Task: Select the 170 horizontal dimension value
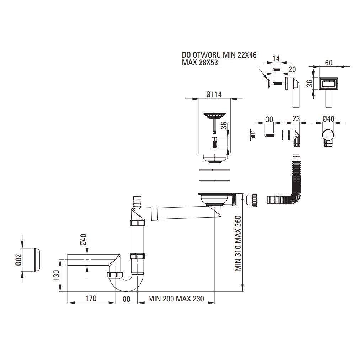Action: [x=91, y=299]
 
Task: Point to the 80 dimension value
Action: [x=126, y=299]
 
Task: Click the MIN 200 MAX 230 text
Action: [x=176, y=299]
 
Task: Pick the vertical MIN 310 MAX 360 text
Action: [x=238, y=243]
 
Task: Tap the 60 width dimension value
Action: [x=328, y=63]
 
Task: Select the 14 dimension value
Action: [x=277, y=58]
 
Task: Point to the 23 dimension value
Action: [x=296, y=119]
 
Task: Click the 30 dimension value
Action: [x=269, y=119]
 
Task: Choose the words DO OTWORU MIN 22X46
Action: [x=219, y=55]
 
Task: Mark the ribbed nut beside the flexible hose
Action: [x=255, y=199]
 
